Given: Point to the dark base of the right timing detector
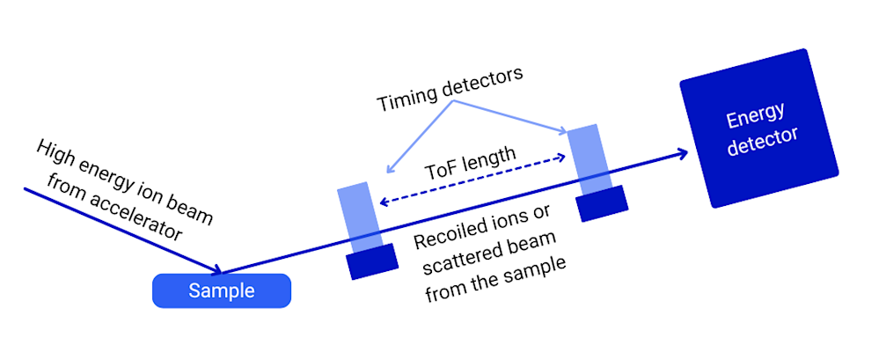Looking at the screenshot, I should [602, 203].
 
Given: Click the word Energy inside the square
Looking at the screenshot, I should [754, 117].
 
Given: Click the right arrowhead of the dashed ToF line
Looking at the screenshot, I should [560, 158].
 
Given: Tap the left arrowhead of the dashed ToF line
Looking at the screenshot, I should [381, 202].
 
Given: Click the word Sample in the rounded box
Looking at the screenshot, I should [221, 291].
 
